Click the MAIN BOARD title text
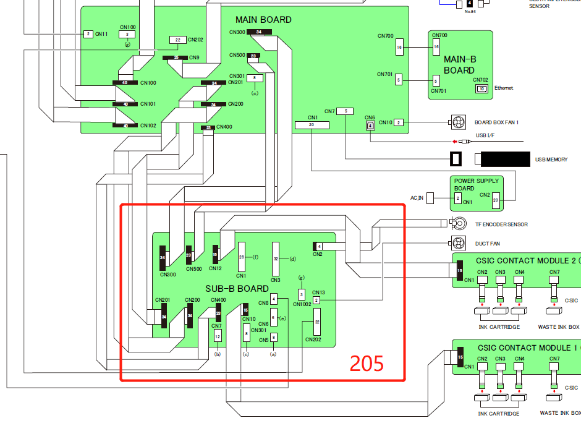pos(263,20)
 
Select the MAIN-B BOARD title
pos(459,65)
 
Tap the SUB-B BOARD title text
pos(237,289)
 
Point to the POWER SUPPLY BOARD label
pos(477,184)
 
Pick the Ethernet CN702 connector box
pos(480,88)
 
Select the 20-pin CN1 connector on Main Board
pos(312,125)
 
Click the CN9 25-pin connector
pos(176,58)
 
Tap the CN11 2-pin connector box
pos(88,34)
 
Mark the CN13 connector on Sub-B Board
pos(316,300)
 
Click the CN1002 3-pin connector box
pos(301,294)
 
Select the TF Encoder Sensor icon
pos(458,223)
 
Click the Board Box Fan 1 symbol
pos(457,122)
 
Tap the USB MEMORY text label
pos(551,160)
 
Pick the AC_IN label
pos(417,198)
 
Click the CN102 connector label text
pos(148,126)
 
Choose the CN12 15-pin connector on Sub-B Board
pos(215,254)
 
